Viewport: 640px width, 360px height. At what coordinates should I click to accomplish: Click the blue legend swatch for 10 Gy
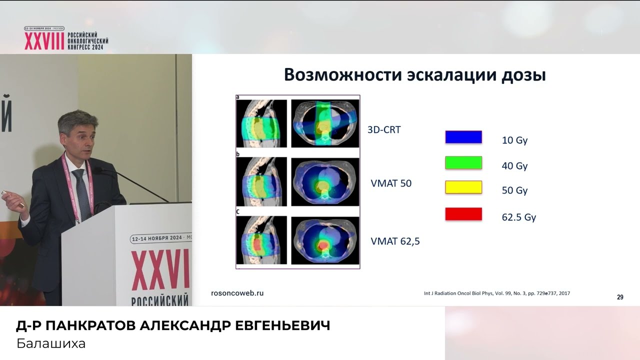click(463, 137)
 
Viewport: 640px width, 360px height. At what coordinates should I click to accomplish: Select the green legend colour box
click(463, 162)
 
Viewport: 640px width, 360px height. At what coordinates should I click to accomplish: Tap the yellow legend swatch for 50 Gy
click(463, 187)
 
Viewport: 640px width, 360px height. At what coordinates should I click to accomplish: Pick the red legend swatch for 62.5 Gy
click(463, 214)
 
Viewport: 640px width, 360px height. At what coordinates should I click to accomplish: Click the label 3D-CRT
click(384, 130)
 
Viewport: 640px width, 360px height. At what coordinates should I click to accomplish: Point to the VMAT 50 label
click(391, 183)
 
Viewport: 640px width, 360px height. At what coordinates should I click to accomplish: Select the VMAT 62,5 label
click(395, 241)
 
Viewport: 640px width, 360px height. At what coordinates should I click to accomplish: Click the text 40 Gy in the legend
click(514, 166)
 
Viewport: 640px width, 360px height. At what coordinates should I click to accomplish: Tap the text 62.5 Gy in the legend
click(518, 217)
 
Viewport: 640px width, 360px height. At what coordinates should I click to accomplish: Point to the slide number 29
click(620, 297)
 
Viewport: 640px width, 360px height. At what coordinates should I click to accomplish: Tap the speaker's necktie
click(81, 192)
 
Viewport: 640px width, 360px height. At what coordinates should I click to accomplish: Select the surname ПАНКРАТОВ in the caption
click(90, 326)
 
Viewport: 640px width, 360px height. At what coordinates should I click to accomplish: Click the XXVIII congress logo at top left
click(66, 38)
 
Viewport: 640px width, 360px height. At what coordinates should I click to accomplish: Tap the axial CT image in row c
click(325, 240)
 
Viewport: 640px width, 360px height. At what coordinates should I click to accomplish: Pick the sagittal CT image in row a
click(261, 123)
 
